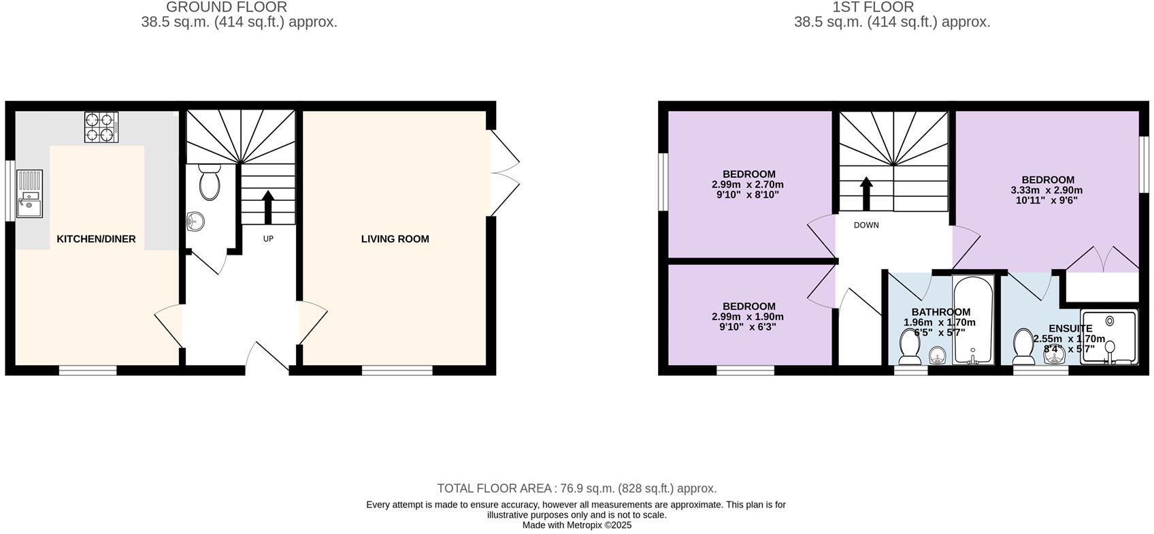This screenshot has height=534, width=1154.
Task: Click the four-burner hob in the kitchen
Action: (x=101, y=127)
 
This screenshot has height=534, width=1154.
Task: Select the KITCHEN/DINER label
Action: (x=96, y=239)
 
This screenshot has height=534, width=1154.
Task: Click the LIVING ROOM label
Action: (x=395, y=239)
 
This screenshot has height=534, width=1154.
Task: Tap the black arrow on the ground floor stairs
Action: (x=267, y=207)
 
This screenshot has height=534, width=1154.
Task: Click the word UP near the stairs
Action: (x=268, y=239)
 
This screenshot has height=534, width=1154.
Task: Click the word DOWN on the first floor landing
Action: (x=866, y=225)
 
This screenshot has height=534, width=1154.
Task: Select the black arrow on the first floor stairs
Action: (x=866, y=194)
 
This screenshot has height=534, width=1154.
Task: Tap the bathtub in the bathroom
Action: (x=974, y=320)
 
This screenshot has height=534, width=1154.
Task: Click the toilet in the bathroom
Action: (x=910, y=346)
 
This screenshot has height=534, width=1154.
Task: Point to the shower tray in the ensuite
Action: (x=1109, y=337)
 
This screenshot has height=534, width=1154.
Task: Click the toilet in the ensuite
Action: (x=1023, y=346)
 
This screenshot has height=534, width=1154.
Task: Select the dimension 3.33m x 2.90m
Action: (x=1046, y=191)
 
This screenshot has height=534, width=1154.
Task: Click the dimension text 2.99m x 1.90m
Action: (x=748, y=317)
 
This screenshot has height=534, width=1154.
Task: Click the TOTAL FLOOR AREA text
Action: (x=576, y=488)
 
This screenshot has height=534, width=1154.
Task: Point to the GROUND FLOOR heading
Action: (x=227, y=7)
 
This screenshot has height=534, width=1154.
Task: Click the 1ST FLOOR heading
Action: (x=873, y=7)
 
